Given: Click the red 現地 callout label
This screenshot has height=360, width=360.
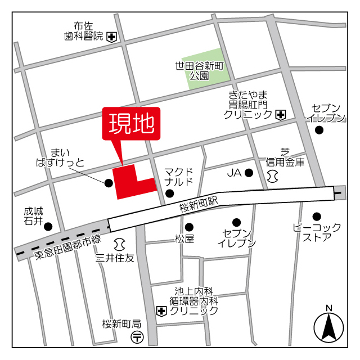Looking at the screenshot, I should tap(130, 123).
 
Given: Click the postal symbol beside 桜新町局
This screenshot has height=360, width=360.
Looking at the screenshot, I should tap(137, 337).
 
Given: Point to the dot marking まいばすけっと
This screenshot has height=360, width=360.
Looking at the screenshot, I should tap(108, 182).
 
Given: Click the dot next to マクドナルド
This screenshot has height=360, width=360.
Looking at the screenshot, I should tap(169, 194).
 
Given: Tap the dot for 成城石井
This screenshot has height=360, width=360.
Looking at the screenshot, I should tap(48, 227).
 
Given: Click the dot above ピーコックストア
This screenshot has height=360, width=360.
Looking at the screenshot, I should tap(317, 216).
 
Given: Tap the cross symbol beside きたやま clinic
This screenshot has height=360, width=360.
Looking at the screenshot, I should tap(281, 115).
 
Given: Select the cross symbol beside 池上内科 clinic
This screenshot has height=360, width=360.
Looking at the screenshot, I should tap(161, 310).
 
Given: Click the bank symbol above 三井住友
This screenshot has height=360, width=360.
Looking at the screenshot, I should tap(119, 245).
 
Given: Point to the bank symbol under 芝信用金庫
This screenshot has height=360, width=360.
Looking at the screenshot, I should tap(273, 177).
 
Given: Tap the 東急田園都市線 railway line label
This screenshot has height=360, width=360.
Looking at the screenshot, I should tap(67, 247).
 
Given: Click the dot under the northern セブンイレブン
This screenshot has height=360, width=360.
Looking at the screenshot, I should tap(319, 130).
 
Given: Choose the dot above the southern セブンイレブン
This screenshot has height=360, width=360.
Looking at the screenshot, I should tap(236, 222).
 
